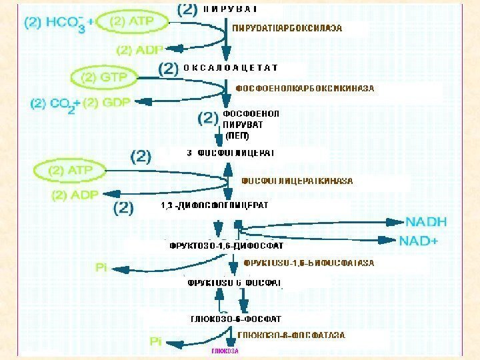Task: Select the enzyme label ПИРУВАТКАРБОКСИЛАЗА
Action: [x=287, y=29]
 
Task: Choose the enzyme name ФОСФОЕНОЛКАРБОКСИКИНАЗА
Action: [x=306, y=88]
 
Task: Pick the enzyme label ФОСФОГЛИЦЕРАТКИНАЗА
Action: [x=297, y=181]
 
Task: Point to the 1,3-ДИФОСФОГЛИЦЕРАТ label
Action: [x=215, y=205]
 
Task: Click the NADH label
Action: [x=426, y=221]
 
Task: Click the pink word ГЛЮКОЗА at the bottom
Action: [x=225, y=350]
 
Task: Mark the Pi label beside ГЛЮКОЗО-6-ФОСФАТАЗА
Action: [x=155, y=341]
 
